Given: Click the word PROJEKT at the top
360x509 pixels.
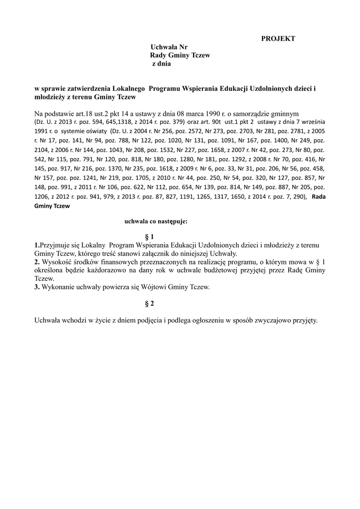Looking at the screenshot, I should coord(278,38).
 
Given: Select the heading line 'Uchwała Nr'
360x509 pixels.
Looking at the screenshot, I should coord(169,47).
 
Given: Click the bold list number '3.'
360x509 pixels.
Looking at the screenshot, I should coord(37,287).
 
